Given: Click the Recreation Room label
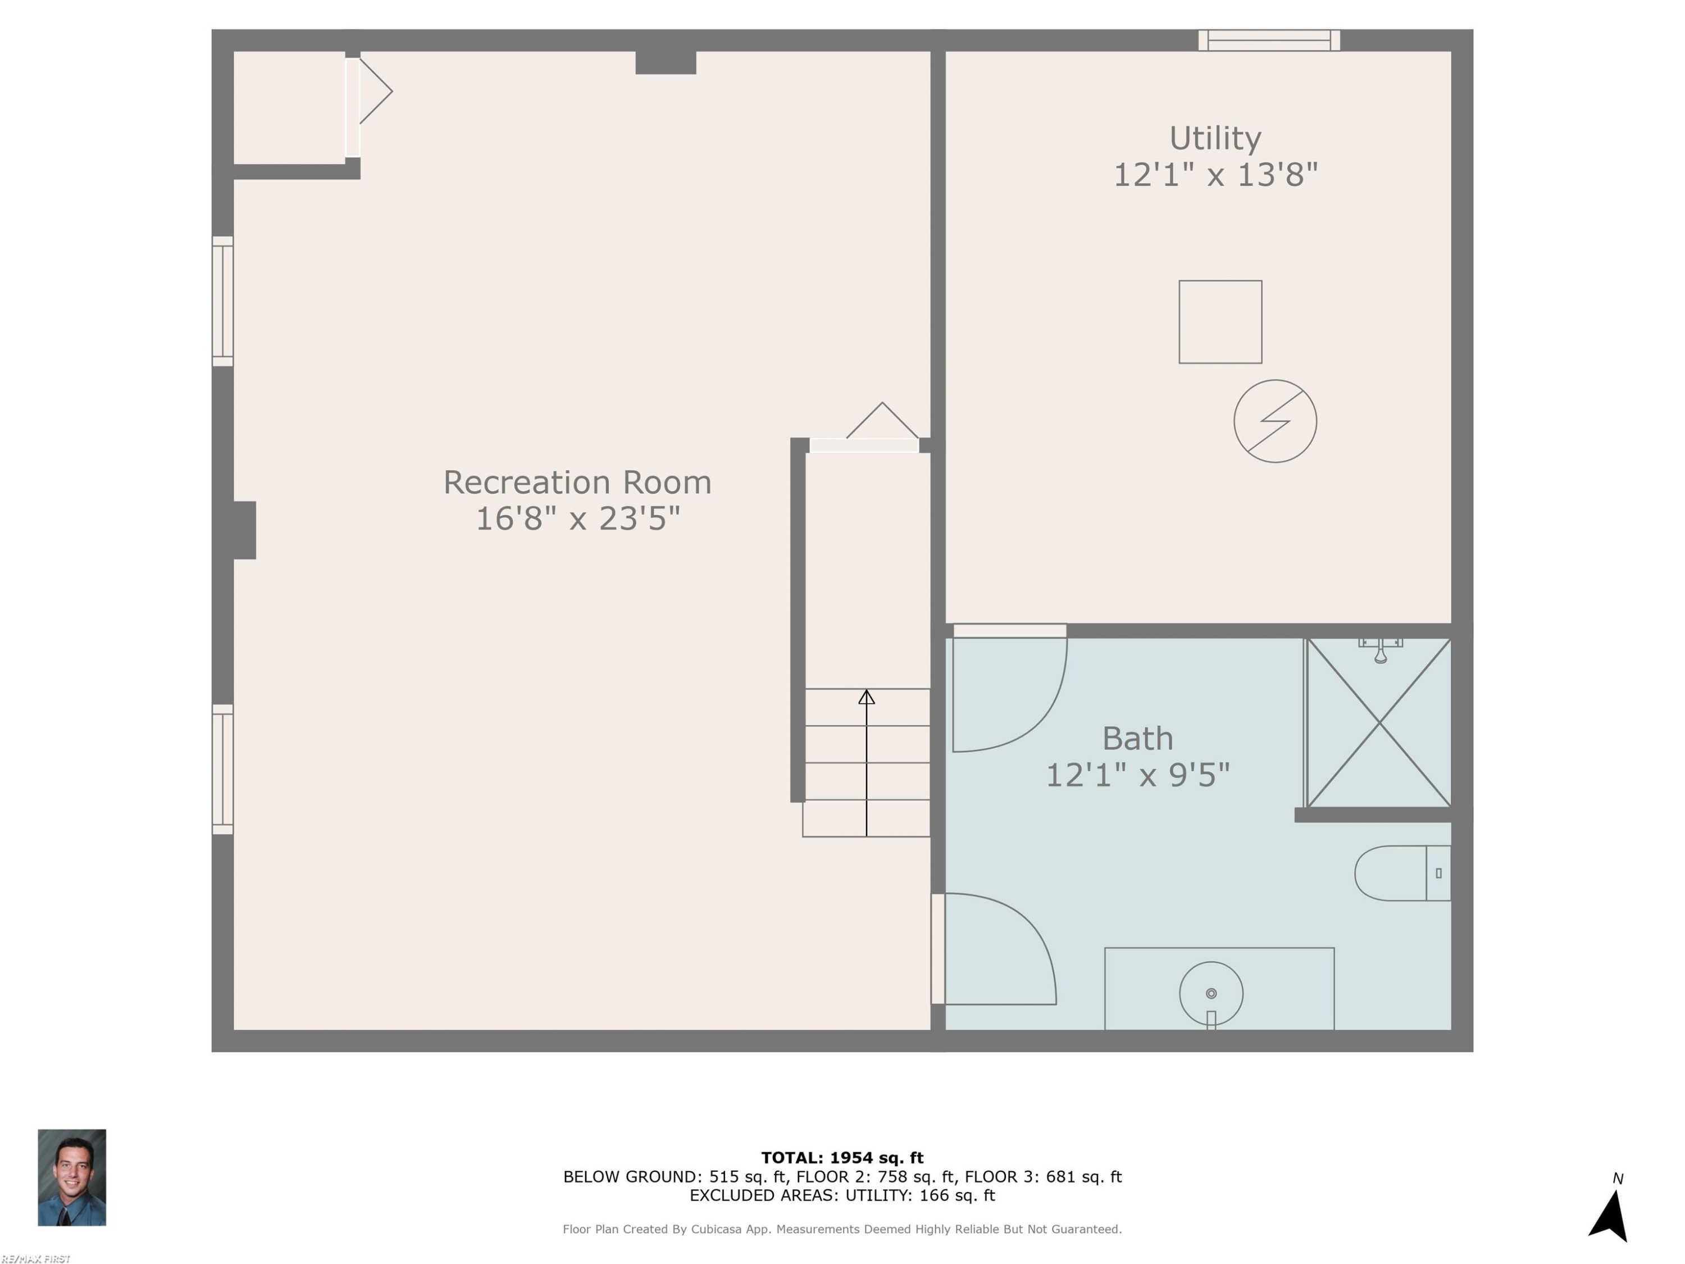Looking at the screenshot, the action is tap(577, 482).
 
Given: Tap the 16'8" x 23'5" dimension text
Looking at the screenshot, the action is tap(577, 519).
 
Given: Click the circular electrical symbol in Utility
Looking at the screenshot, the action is tap(1275, 421).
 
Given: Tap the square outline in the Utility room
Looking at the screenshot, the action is tap(1221, 280).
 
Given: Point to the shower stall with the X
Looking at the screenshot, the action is tap(1379, 722).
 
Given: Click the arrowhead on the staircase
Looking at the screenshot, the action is tap(866, 697).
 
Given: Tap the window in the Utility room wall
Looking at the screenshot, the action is tap(1269, 40).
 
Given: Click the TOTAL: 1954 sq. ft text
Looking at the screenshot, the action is tap(842, 1158).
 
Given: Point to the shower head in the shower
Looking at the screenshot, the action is tap(1381, 651).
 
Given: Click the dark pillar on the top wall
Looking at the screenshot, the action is tap(666, 62).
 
